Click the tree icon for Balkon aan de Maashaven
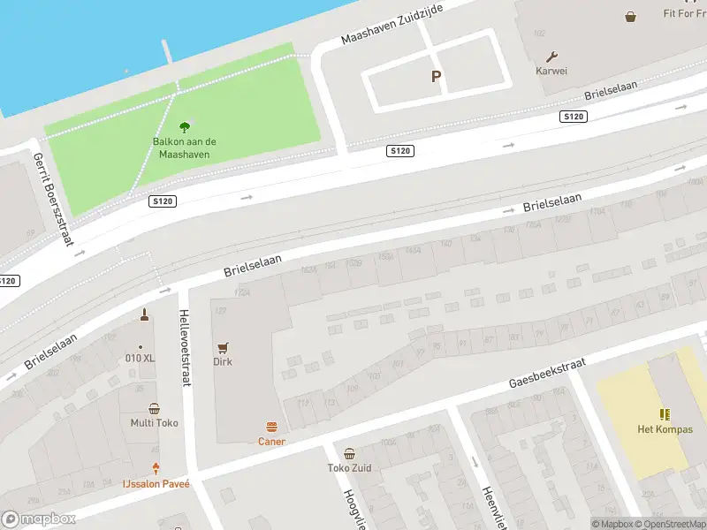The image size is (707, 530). (x=184, y=127)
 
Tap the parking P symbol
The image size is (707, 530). (x=436, y=77)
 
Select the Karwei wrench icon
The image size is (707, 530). (x=553, y=56)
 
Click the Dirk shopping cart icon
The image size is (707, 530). (x=223, y=347)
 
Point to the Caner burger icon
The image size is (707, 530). (x=271, y=427)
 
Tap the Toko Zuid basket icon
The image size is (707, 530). (x=350, y=453)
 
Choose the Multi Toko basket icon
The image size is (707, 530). (x=155, y=408)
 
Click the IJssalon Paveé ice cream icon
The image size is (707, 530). (x=156, y=469)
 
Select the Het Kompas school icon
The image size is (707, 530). (x=665, y=414)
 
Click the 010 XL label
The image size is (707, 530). (x=140, y=359)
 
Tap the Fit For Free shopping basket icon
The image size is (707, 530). (x=630, y=16)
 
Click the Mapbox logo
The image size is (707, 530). (x=39, y=519)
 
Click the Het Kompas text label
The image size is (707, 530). (x=665, y=430)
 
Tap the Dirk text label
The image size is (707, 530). (x=223, y=362)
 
